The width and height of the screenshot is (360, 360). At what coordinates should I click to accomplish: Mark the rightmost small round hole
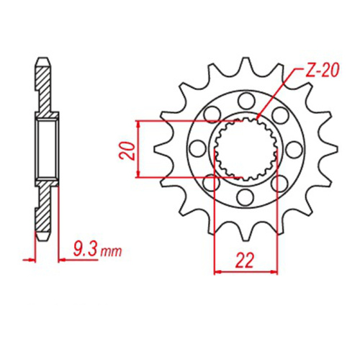pyautogui.click(x=296, y=148)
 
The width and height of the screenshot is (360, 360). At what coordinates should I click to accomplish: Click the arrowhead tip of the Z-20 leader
pyautogui.click(x=257, y=120)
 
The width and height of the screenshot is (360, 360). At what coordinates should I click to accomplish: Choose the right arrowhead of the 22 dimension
pyautogui.click(x=276, y=271)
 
